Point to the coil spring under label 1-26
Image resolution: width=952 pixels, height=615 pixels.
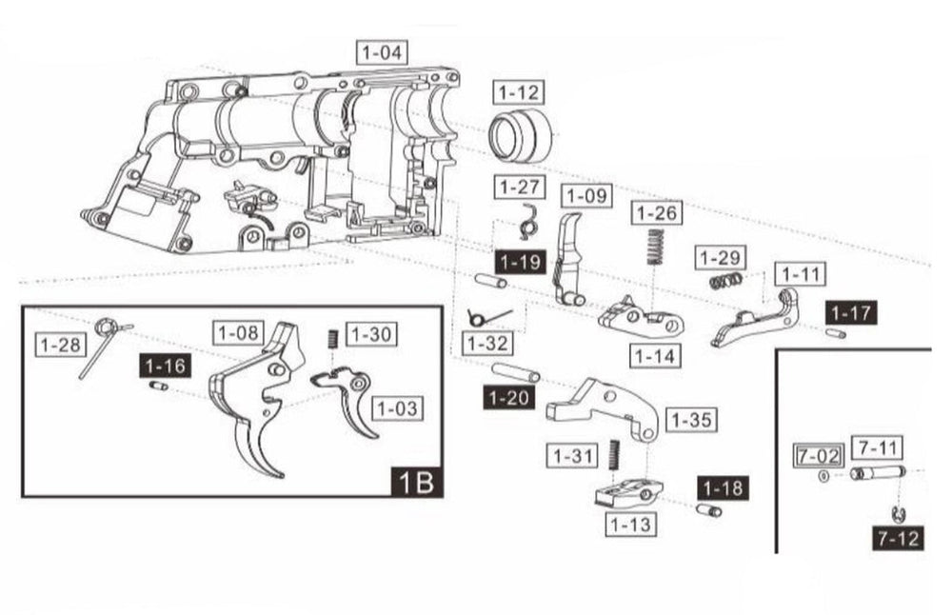pos(654,247)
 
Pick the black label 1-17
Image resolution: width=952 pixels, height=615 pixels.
pos(850,312)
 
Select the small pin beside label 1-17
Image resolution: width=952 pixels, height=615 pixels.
pos(836,333)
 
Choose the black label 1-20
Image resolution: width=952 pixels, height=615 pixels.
pos(509,398)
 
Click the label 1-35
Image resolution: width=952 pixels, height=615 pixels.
pos(691,420)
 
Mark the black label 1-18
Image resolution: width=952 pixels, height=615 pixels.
pos(722,487)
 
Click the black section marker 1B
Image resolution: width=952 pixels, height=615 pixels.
pos(417,482)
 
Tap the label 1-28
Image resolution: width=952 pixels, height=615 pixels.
pos(59,344)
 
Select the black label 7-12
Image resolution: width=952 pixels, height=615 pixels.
pos(898,539)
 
